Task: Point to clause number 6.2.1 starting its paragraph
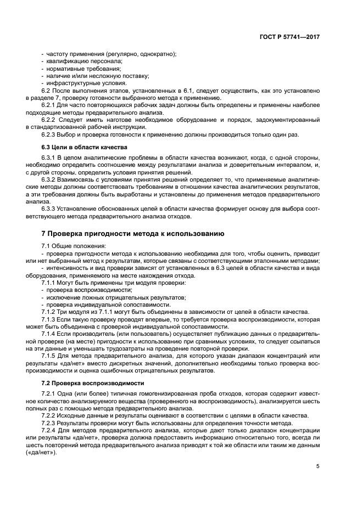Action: (49, 104)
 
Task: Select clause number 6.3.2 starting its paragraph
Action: (49, 180)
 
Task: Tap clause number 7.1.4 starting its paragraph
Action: (49, 333)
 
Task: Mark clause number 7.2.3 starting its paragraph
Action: (49, 423)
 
